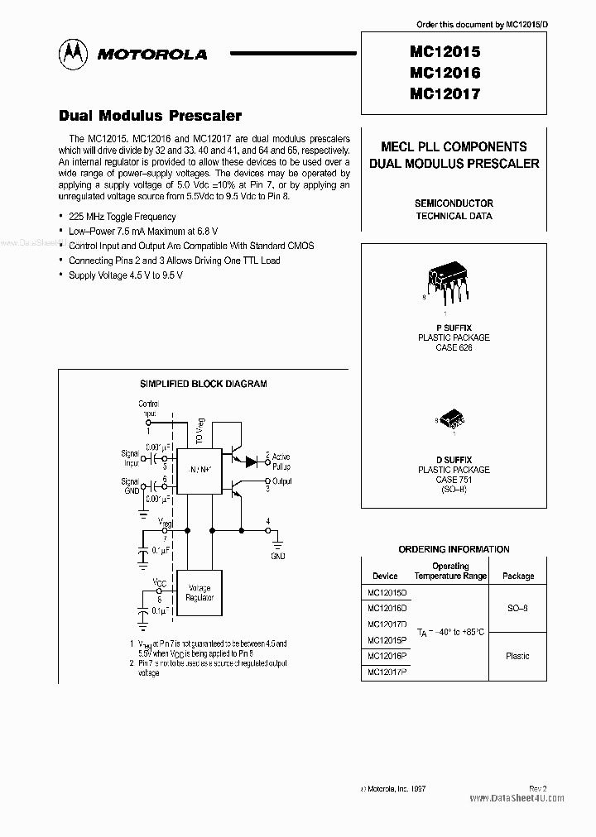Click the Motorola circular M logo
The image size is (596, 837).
point(74,54)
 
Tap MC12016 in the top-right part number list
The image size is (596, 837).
point(445,73)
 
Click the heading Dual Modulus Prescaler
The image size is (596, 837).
point(150,116)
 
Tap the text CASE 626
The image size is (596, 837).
point(453,347)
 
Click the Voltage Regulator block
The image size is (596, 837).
point(200,592)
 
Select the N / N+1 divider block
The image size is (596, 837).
point(201,468)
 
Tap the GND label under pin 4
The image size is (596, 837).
point(277,556)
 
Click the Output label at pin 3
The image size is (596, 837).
point(282,481)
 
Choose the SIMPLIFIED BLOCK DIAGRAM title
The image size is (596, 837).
point(203,384)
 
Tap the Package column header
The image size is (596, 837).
point(518,576)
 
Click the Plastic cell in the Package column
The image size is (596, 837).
point(517,656)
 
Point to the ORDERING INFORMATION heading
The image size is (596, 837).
point(454,549)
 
